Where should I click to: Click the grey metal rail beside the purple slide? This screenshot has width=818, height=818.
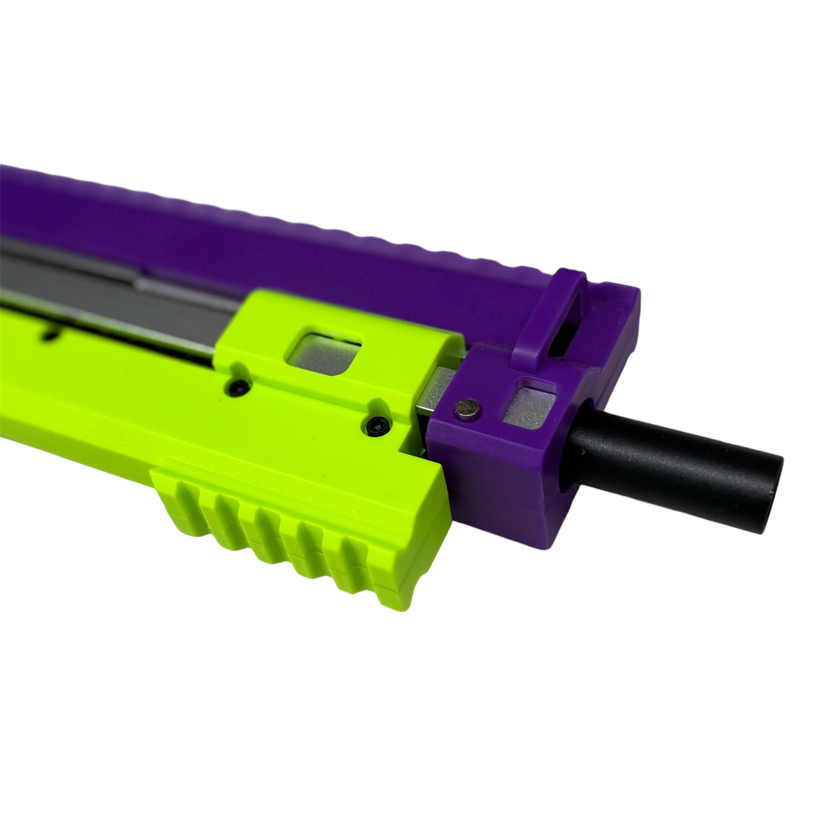tap(106, 279)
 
